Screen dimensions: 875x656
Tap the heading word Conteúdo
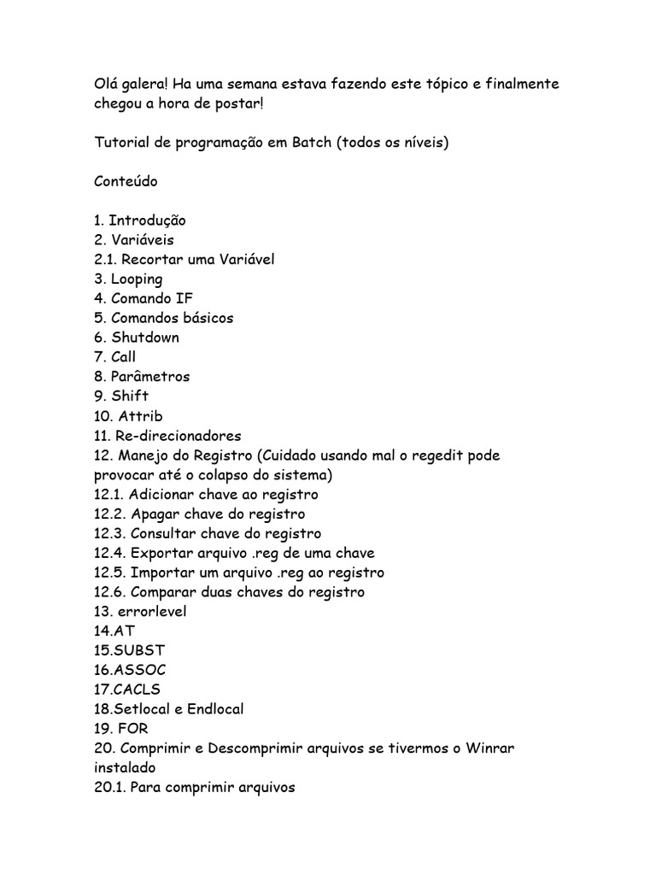click(126, 182)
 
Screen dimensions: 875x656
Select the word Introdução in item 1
click(147, 220)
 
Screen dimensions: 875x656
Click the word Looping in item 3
click(136, 279)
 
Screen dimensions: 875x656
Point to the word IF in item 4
click(184, 299)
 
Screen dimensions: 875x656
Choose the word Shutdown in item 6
click(145, 338)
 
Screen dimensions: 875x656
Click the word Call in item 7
click(123, 357)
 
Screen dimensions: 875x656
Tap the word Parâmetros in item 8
click(150, 377)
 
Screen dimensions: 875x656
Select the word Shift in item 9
click(130, 396)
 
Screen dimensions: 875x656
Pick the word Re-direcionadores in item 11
click(179, 436)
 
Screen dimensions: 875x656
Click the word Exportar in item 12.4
click(161, 553)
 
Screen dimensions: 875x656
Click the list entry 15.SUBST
click(130, 650)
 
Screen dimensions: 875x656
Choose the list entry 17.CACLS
click(127, 690)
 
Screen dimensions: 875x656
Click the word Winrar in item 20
click(489, 749)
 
